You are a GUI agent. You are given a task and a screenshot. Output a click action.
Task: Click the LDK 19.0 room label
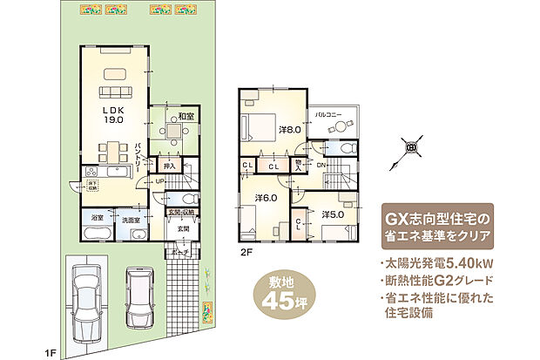pos(114,116)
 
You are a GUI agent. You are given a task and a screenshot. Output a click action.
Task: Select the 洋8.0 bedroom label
pos(289,129)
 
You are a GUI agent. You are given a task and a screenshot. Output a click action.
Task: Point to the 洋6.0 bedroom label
pos(266,198)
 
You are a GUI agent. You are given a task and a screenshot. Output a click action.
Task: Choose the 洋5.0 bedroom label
pos(331,214)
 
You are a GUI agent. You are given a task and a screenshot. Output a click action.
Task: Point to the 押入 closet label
pos(171,165)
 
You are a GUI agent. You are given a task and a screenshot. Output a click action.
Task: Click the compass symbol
pos(412,147)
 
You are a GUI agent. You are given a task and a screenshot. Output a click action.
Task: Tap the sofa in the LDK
pos(114,92)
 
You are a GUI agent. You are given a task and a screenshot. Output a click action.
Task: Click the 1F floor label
pos(51,352)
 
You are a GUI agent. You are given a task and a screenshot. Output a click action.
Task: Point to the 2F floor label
pos(247,254)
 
